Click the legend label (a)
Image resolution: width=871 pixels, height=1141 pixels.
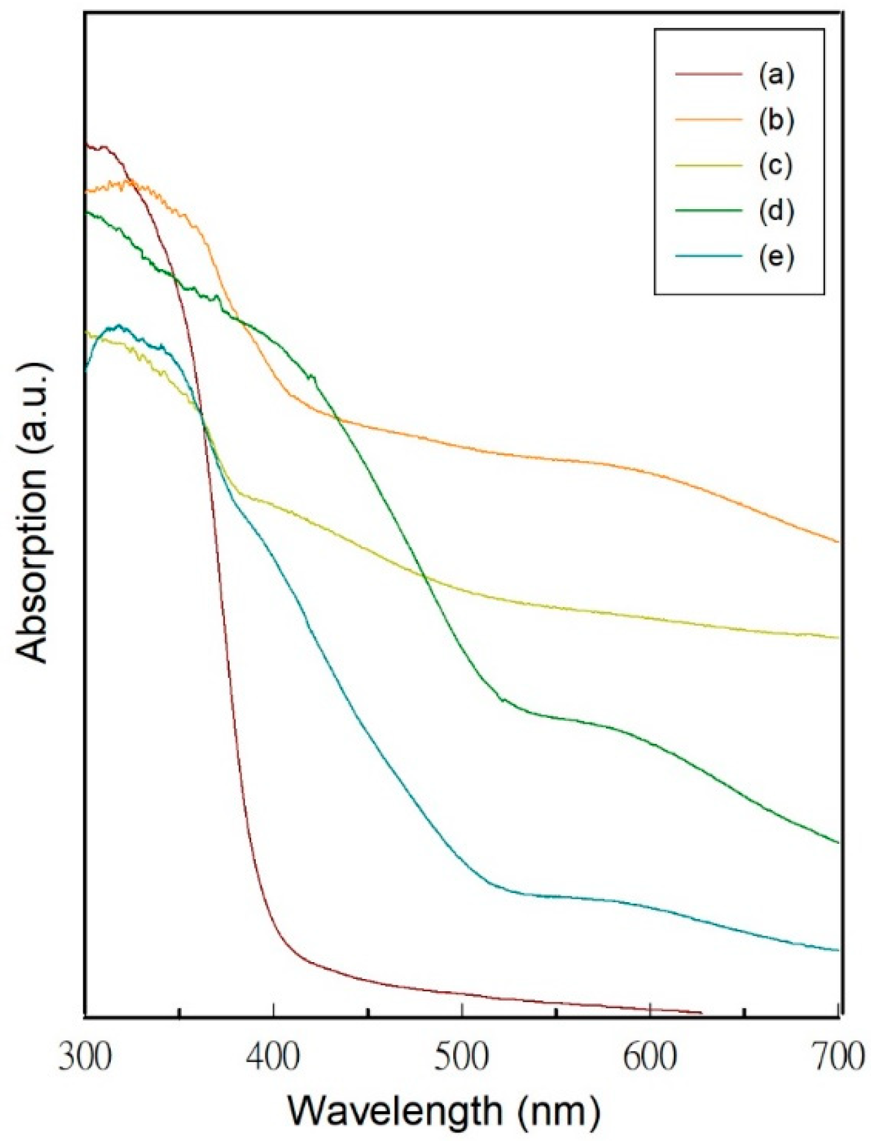(x=776, y=75)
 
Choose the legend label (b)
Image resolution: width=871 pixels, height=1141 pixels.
(x=776, y=120)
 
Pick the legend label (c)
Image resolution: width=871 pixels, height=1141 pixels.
(x=776, y=165)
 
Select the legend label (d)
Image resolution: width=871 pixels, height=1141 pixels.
(x=776, y=210)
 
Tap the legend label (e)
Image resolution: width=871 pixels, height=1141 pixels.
(x=776, y=256)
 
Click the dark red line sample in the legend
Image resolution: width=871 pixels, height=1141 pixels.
(x=708, y=75)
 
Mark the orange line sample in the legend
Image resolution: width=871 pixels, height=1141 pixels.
(x=708, y=120)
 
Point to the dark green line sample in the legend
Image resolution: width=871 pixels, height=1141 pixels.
(x=708, y=210)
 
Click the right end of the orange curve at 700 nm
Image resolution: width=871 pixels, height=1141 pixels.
(x=838, y=541)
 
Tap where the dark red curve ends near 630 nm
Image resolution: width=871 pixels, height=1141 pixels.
(x=700, y=1013)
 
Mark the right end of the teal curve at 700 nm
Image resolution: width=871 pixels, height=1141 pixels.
(x=838, y=950)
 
